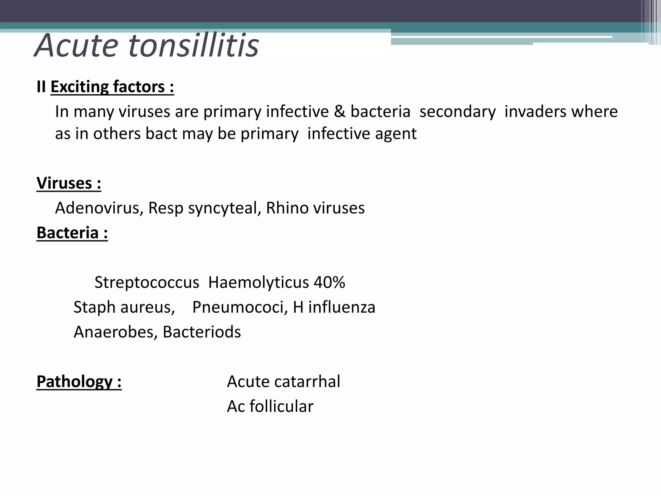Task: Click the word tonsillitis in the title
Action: [194, 46]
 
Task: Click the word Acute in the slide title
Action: [76, 46]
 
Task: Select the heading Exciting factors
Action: [112, 87]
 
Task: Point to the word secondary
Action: [457, 112]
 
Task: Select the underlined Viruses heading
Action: [69, 183]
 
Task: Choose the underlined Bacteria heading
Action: [72, 233]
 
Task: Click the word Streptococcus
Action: [147, 283]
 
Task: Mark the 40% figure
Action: [329, 283]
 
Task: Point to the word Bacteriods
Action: [202, 332]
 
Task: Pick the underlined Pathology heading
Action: [79, 382]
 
